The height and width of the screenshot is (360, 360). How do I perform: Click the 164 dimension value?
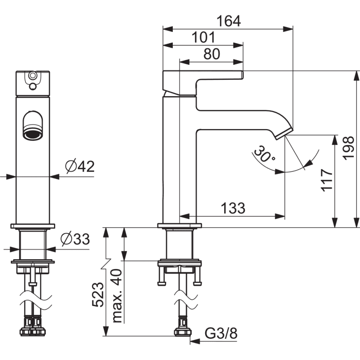coord(229,21)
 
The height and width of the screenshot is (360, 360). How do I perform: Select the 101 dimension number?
coord(204,37)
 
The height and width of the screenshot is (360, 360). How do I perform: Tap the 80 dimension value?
coord(211,54)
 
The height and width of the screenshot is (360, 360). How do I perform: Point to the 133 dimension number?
coord(233,208)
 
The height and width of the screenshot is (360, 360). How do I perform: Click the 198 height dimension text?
coord(348,148)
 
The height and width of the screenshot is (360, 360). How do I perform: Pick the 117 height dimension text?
coord(327,180)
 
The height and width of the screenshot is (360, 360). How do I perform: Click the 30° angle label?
coord(264,154)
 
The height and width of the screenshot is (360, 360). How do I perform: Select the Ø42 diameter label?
coord(80,166)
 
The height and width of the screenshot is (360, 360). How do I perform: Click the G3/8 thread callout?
coord(221,333)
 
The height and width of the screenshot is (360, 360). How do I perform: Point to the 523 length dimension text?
coord(98,295)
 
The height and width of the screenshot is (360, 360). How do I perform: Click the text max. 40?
coord(117,296)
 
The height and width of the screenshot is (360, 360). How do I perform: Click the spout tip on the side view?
coord(284,133)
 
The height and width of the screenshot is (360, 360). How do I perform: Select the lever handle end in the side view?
coord(242,75)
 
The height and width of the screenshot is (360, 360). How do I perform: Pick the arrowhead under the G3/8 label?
coord(195,341)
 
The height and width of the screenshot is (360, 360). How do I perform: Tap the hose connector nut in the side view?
coord(183,332)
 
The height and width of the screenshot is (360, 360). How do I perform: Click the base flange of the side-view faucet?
coord(179,225)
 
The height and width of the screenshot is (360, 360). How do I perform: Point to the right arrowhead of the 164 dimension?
coord(288,29)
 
